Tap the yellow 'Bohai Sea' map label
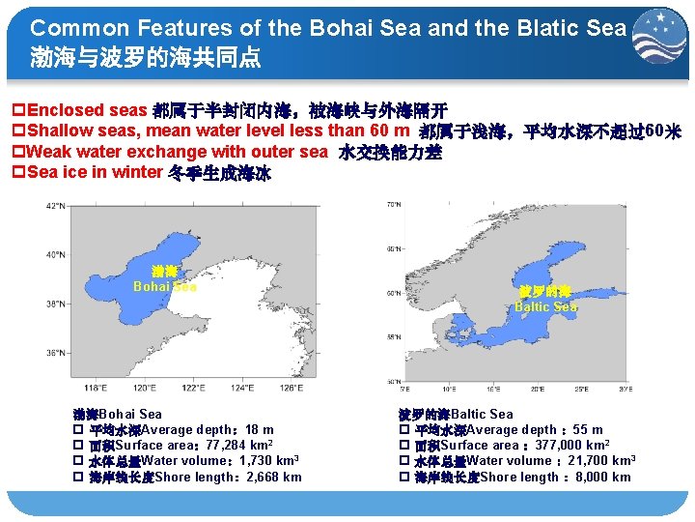point(164,286)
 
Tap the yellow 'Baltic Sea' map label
point(545,306)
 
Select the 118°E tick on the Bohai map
point(96,388)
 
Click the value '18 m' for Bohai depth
point(259,430)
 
